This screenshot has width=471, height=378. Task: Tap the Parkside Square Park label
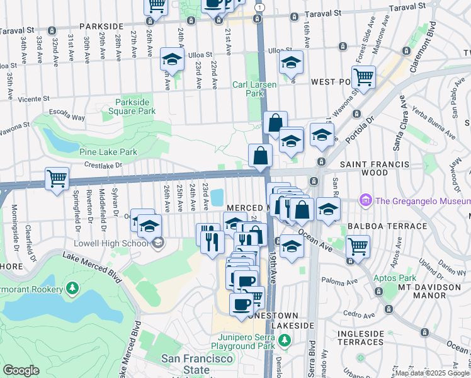(x=135, y=106)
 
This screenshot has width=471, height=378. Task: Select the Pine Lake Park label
(x=108, y=152)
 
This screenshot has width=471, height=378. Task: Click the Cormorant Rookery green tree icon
(x=73, y=289)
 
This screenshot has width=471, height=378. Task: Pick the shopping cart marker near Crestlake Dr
(x=57, y=178)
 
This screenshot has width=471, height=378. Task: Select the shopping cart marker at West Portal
(x=363, y=77)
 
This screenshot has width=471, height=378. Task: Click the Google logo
(x=21, y=370)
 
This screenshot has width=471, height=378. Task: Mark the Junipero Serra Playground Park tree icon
(x=285, y=340)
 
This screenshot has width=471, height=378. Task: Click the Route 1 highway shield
(x=260, y=6)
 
